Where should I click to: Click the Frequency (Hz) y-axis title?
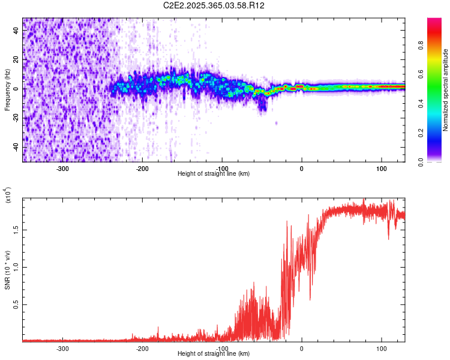point(8,90)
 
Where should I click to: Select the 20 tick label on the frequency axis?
point(17,60)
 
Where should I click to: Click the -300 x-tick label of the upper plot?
point(63,168)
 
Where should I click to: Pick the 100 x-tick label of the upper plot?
point(381,168)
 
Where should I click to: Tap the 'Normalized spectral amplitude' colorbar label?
point(446,90)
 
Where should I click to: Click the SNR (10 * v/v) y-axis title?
point(8,270)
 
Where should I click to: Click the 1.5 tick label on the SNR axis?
point(17,229)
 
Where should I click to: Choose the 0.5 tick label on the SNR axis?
point(17,305)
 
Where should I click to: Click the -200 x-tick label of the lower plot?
point(143,348)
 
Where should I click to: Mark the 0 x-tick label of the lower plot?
point(302,348)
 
